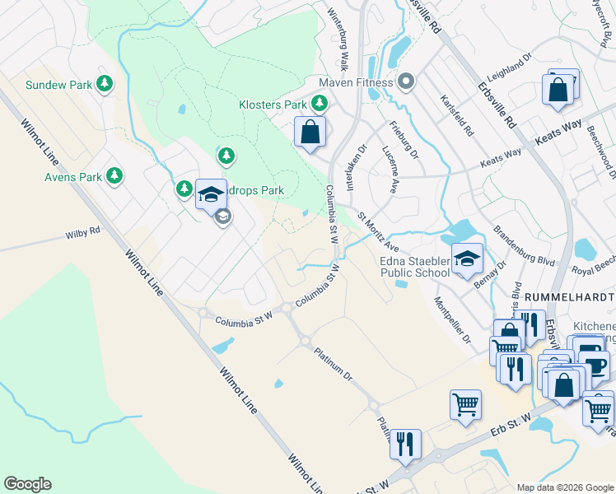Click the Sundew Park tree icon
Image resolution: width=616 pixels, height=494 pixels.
(x=105, y=84)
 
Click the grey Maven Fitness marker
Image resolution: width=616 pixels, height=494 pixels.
(x=405, y=82)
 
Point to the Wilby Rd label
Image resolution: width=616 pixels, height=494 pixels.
(x=82, y=234)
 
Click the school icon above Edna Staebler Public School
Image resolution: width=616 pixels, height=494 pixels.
(x=467, y=258)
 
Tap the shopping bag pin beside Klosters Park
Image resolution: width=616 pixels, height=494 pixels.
(x=310, y=132)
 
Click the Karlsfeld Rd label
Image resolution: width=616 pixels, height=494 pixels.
(x=469, y=120)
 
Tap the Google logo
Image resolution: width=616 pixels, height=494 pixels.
(x=27, y=484)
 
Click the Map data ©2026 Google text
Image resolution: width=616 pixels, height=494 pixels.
(x=564, y=487)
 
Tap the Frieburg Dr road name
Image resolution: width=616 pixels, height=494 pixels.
(x=404, y=139)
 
